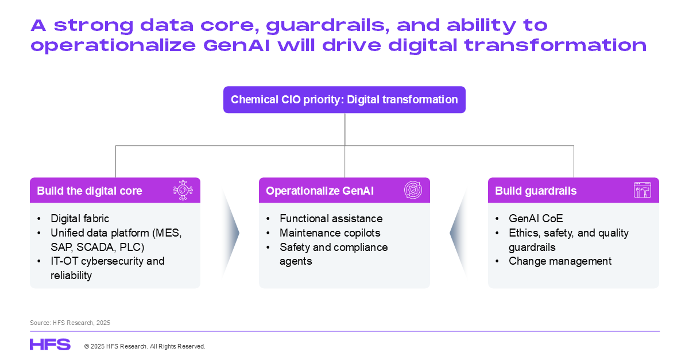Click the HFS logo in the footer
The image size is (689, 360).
point(50,344)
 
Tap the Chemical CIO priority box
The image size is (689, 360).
point(344,100)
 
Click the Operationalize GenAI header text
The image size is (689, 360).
point(320,191)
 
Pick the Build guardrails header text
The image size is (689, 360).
point(536,191)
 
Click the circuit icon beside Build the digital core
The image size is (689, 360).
point(183,190)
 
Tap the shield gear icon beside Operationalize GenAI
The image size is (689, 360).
point(413,190)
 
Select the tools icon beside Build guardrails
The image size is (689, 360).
point(642,190)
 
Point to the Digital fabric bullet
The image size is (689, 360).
point(80,218)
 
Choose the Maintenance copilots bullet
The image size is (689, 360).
point(330,233)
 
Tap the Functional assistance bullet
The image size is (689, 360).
point(331,218)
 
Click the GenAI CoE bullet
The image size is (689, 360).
point(536,218)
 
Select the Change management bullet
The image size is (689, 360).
point(560,261)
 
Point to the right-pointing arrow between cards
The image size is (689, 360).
point(230,233)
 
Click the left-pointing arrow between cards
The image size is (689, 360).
point(459,233)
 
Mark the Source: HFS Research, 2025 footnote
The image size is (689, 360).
point(70,323)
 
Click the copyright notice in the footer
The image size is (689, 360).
point(145,346)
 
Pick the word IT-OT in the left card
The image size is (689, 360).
point(64,261)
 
